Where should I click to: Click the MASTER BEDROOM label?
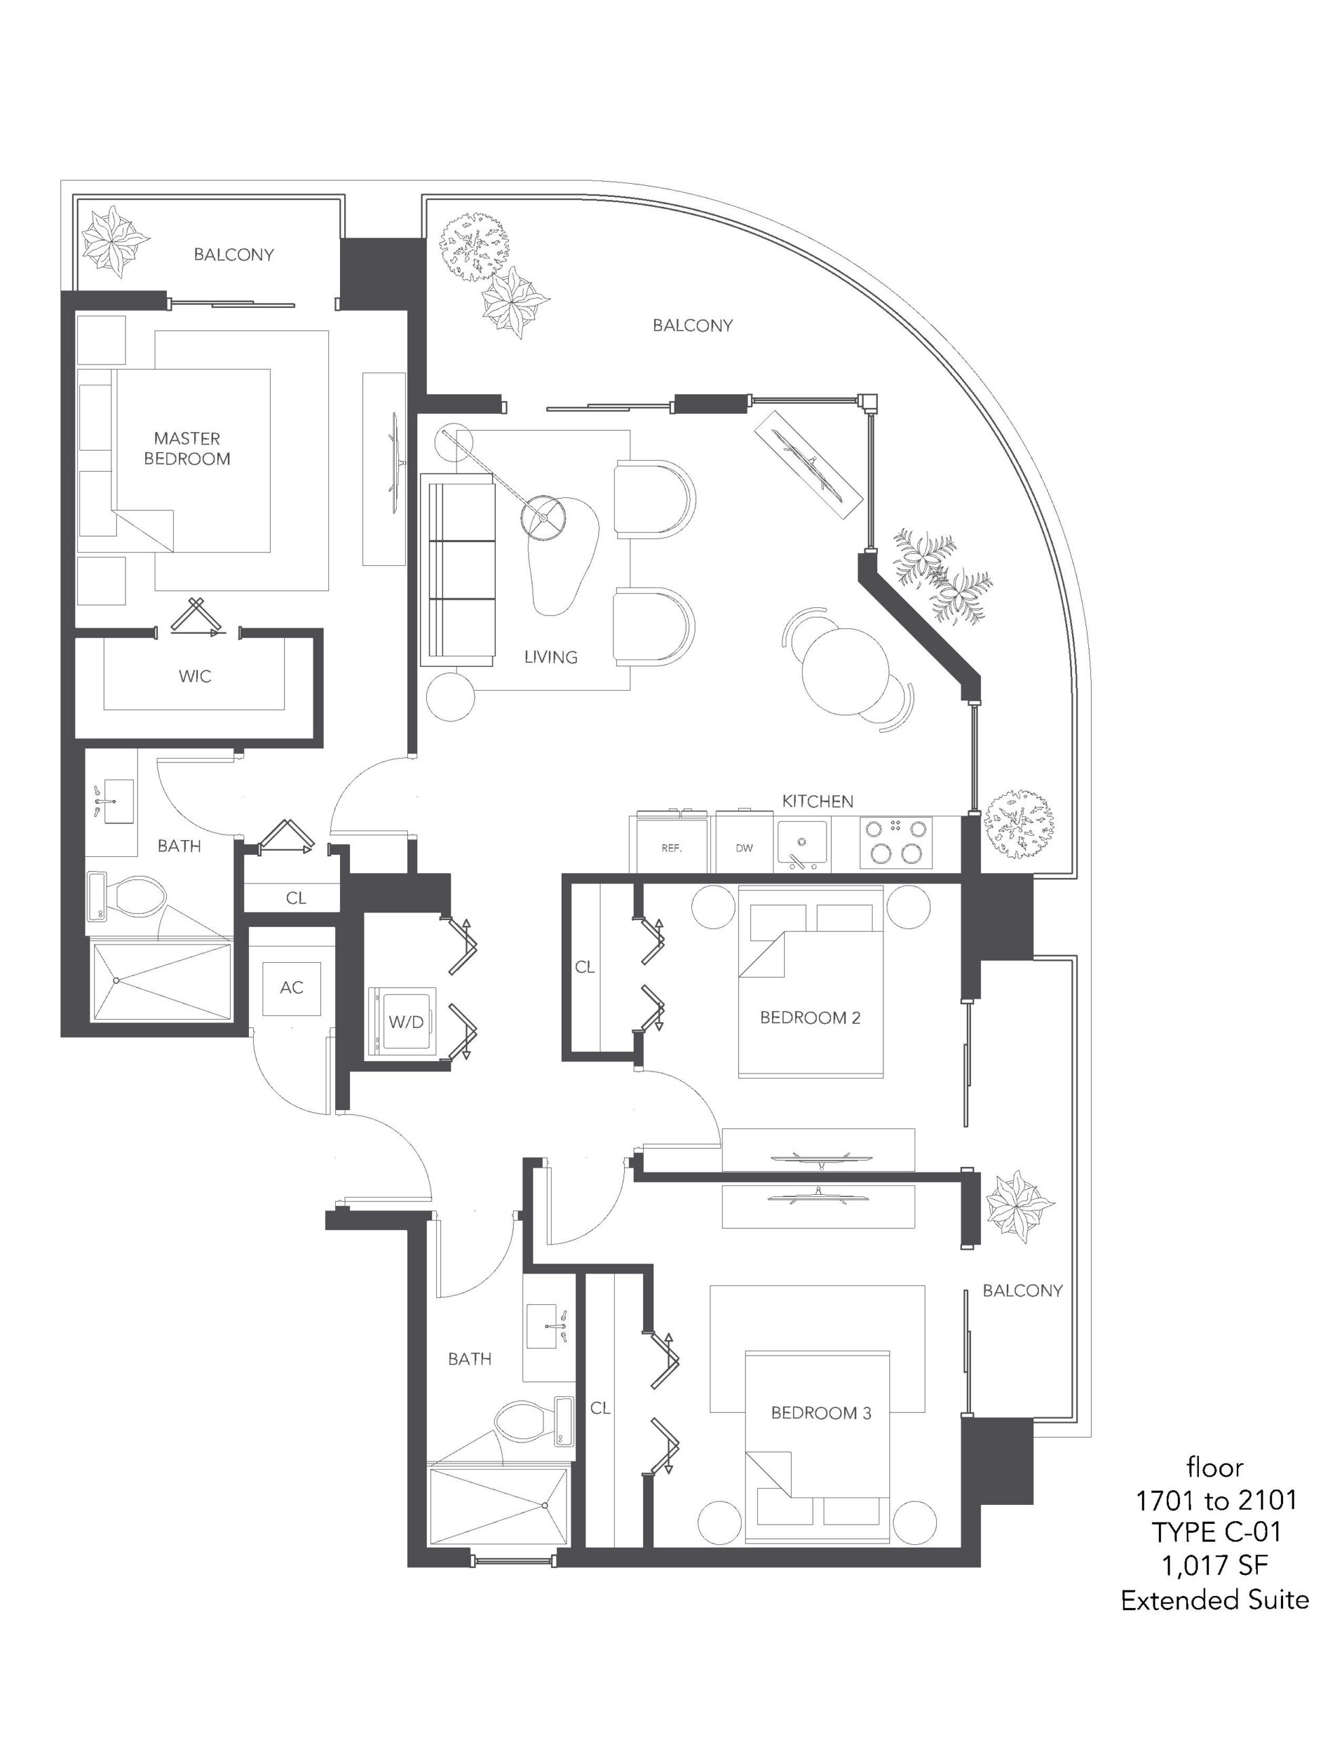click(187, 448)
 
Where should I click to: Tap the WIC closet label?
click(195, 677)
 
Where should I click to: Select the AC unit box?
click(292, 988)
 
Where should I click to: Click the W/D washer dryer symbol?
click(402, 1021)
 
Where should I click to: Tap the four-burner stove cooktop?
click(896, 842)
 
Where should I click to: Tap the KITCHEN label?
click(817, 802)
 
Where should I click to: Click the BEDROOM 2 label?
click(810, 1017)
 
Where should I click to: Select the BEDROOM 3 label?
click(821, 1413)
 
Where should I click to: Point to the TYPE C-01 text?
click(1216, 1532)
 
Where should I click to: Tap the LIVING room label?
click(550, 657)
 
